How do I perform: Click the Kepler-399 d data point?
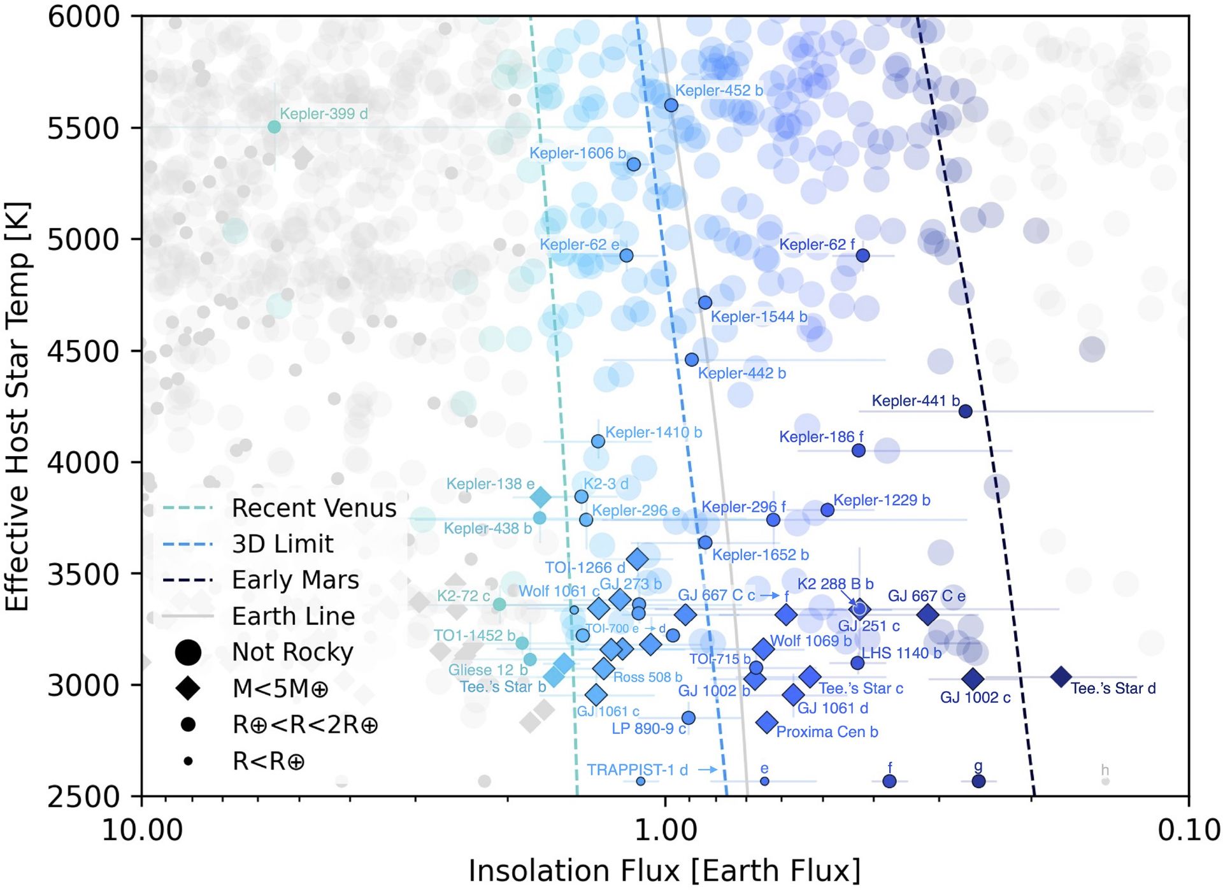click(274, 127)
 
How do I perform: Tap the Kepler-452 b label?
click(719, 90)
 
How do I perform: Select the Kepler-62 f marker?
click(862, 255)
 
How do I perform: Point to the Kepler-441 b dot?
click(965, 411)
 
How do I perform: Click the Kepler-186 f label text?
click(820, 436)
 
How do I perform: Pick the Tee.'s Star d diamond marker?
click(1061, 677)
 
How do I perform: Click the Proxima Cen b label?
click(827, 731)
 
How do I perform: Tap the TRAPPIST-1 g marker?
click(978, 781)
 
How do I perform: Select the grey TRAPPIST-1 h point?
click(1105, 781)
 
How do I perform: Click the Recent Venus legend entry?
click(313, 508)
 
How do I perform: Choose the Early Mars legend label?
click(295, 580)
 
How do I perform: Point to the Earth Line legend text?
click(293, 616)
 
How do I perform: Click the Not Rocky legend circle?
click(188, 652)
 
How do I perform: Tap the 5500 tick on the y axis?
click(83, 128)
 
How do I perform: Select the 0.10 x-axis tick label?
click(1189, 830)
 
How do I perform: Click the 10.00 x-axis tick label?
click(141, 830)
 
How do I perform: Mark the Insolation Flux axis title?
click(664, 870)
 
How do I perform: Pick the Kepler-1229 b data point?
click(827, 510)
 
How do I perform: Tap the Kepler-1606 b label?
click(577, 153)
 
